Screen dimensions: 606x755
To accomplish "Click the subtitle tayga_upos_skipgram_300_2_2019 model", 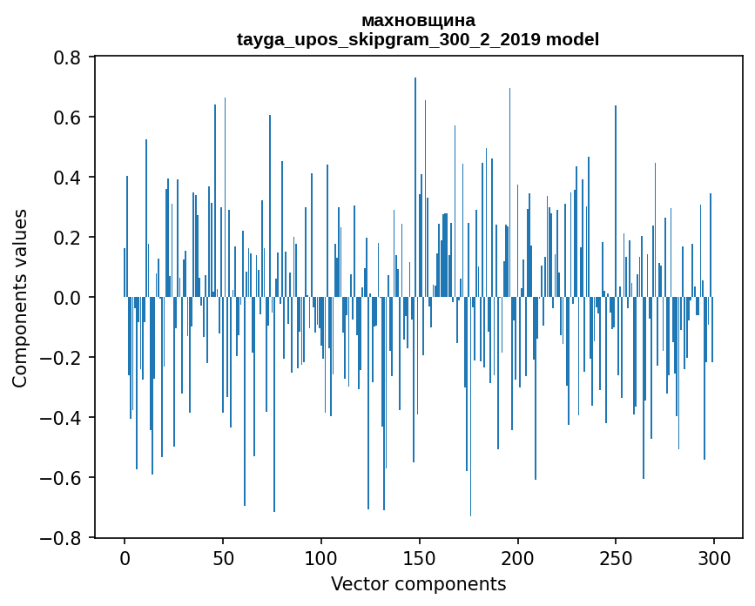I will (418, 39).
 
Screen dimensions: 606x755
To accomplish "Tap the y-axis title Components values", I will (20, 298).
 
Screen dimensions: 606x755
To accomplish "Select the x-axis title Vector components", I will (418, 583).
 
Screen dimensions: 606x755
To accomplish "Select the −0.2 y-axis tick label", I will (63, 358).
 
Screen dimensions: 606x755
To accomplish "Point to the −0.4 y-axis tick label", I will (63, 418).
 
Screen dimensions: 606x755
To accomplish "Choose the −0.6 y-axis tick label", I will (63, 478).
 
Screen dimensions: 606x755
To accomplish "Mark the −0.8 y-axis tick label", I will (63, 538).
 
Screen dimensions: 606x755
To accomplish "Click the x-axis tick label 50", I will (223, 557).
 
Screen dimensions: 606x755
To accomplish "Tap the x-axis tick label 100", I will (321, 557).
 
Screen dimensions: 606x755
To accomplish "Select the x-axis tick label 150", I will (420, 557).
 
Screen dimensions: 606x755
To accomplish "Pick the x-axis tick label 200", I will (518, 557).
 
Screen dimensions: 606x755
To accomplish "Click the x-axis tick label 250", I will (617, 557).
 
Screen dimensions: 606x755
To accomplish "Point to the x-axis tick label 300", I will (714, 557).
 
